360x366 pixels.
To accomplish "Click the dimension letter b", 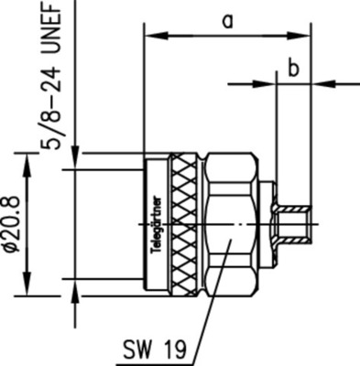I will click(x=293, y=68).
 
